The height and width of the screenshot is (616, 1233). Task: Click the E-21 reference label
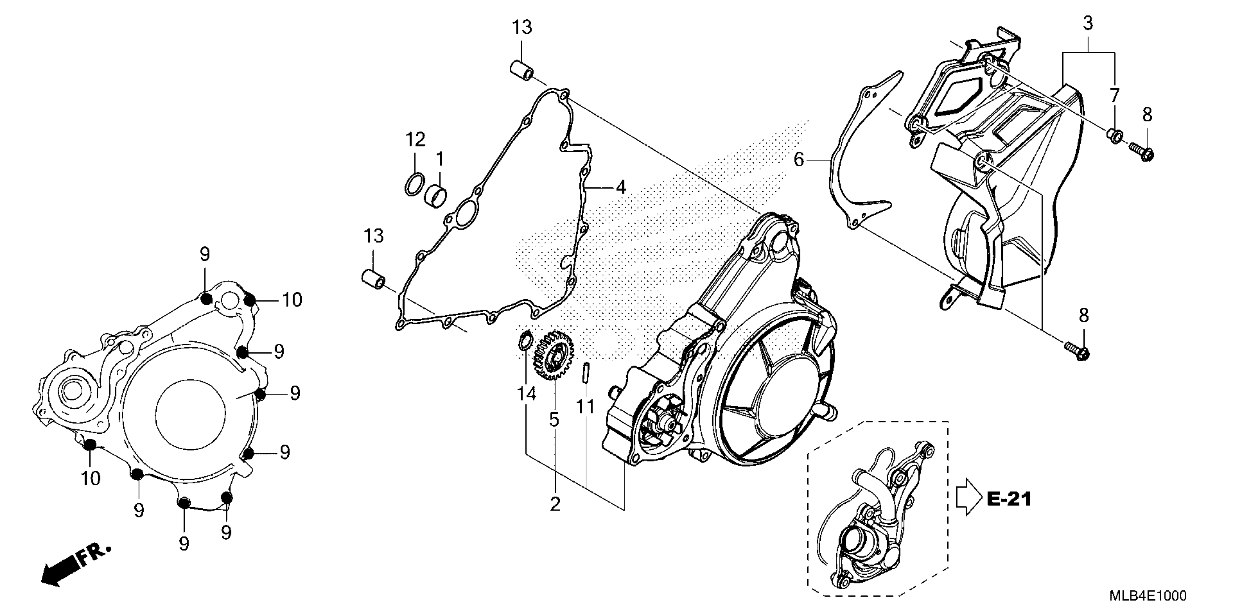1009,499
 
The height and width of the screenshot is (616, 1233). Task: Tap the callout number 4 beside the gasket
621,187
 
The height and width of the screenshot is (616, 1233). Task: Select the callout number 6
799,160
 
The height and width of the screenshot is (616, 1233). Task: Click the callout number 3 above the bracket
1088,23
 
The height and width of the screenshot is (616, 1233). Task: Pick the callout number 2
555,504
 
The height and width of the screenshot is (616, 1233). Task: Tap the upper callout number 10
292,300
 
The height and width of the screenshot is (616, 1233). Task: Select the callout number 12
415,140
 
